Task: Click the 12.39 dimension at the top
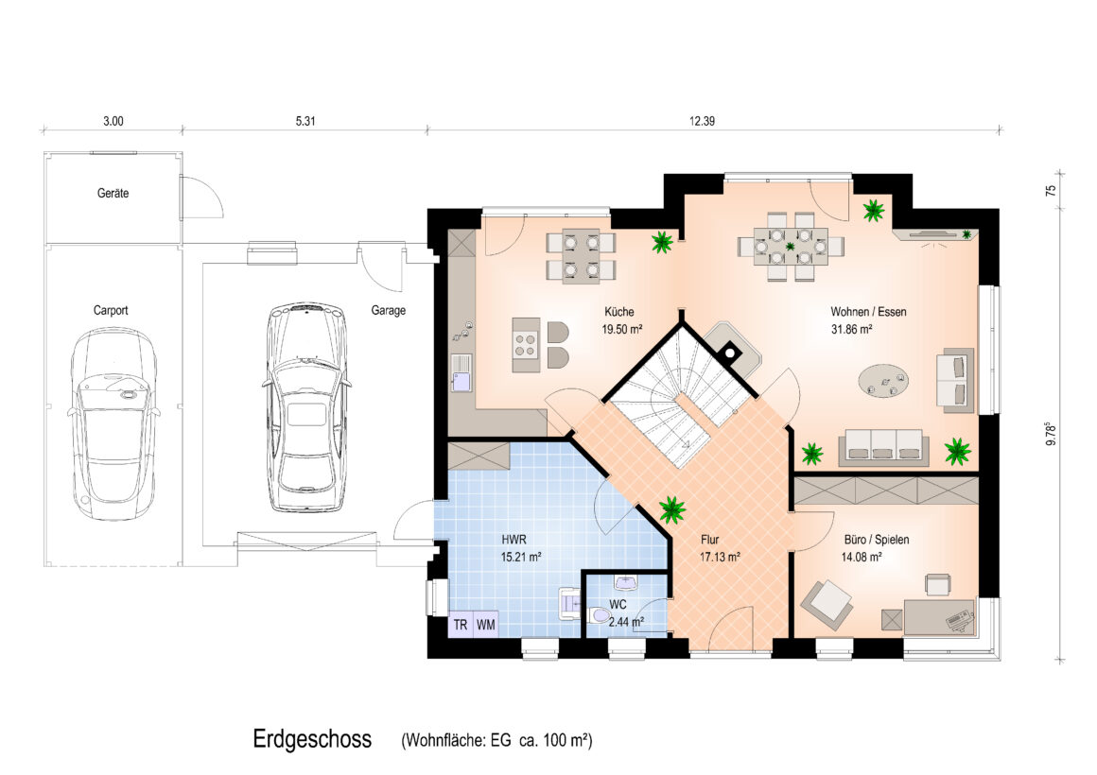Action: [702, 121]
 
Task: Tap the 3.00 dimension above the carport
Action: [113, 121]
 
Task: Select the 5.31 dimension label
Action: [305, 121]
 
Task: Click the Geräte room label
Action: [113, 193]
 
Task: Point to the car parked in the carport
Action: [113, 423]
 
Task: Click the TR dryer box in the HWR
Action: [461, 625]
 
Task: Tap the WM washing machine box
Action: [485, 625]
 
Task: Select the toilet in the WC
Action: [600, 616]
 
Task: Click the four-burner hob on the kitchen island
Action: [526, 344]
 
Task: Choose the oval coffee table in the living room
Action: [884, 381]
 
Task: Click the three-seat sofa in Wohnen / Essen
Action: [883, 447]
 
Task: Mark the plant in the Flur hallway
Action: [672, 510]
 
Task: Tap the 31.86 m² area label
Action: [851, 330]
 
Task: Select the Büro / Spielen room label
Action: [877, 540]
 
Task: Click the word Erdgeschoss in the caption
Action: [312, 739]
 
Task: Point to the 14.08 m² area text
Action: [862, 558]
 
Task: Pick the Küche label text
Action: [619, 312]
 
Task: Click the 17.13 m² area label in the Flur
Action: [720, 558]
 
